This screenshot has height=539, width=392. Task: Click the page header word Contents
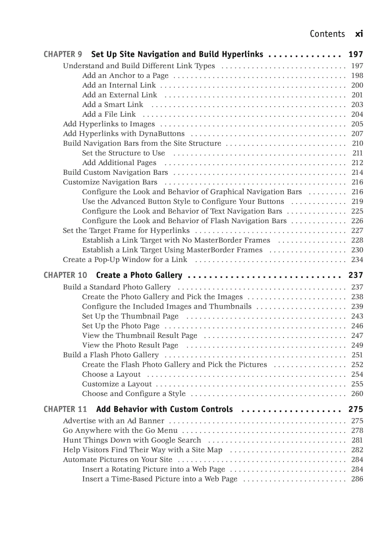click(327, 34)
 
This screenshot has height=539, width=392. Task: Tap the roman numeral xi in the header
click(359, 34)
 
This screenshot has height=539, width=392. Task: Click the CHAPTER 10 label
click(65, 275)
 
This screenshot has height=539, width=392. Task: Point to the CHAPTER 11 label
click(65, 409)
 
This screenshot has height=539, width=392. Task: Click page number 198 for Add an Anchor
click(357, 75)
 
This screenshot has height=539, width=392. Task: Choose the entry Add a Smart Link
click(112, 104)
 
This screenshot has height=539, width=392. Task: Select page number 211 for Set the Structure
click(357, 153)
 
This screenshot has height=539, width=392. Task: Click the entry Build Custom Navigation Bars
click(115, 172)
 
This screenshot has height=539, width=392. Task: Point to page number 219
click(357, 202)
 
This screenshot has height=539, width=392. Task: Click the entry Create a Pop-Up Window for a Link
click(125, 260)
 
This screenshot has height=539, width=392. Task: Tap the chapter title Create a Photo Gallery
click(139, 275)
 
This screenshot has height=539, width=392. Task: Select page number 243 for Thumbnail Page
click(357, 316)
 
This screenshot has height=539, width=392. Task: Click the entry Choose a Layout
click(111, 374)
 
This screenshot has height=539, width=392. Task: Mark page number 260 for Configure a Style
click(357, 394)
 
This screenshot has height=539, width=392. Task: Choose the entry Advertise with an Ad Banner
click(113, 421)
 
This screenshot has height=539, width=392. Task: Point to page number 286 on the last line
click(357, 479)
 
